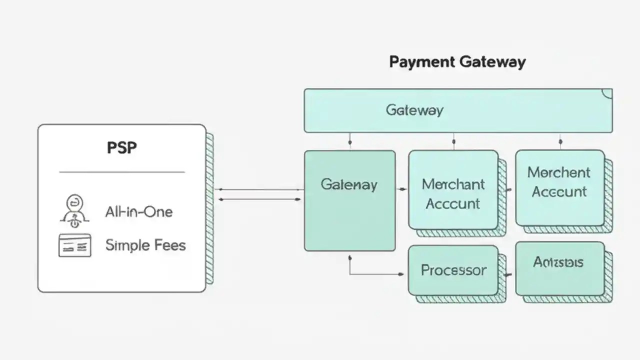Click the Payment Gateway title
point(457,62)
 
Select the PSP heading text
point(122,148)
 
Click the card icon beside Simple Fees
point(75,245)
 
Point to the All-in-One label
point(138,211)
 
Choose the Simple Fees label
point(145,245)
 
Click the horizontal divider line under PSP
point(121,172)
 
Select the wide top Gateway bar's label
point(414,110)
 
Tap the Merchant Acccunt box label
point(453,193)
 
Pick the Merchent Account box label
point(559,182)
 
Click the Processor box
point(453,270)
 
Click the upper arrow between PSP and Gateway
point(260,189)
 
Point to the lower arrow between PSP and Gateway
point(260,199)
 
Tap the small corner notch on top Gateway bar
point(607,93)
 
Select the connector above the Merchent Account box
point(559,141)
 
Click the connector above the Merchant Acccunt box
point(453,141)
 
